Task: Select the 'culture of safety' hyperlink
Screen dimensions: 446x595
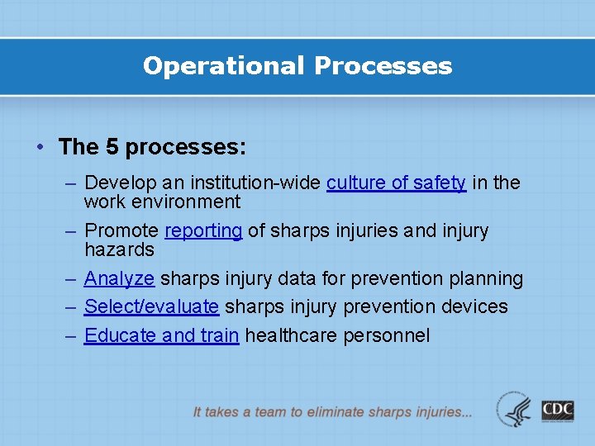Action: [396, 183]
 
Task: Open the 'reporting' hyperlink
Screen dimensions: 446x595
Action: [203, 230]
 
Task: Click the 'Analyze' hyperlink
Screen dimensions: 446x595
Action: [119, 278]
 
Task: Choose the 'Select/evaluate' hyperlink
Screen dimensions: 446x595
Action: [151, 306]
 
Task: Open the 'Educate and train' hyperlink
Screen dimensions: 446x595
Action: [161, 334]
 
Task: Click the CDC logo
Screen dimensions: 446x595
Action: [558, 410]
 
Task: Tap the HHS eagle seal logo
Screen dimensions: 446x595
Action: [514, 410]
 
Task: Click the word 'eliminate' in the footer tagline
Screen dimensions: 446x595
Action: [336, 411]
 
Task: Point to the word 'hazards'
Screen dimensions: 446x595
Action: [119, 249]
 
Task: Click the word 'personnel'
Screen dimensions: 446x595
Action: [388, 334]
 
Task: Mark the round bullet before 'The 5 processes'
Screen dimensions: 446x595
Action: [40, 148]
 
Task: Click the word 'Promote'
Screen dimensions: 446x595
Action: [121, 230]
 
